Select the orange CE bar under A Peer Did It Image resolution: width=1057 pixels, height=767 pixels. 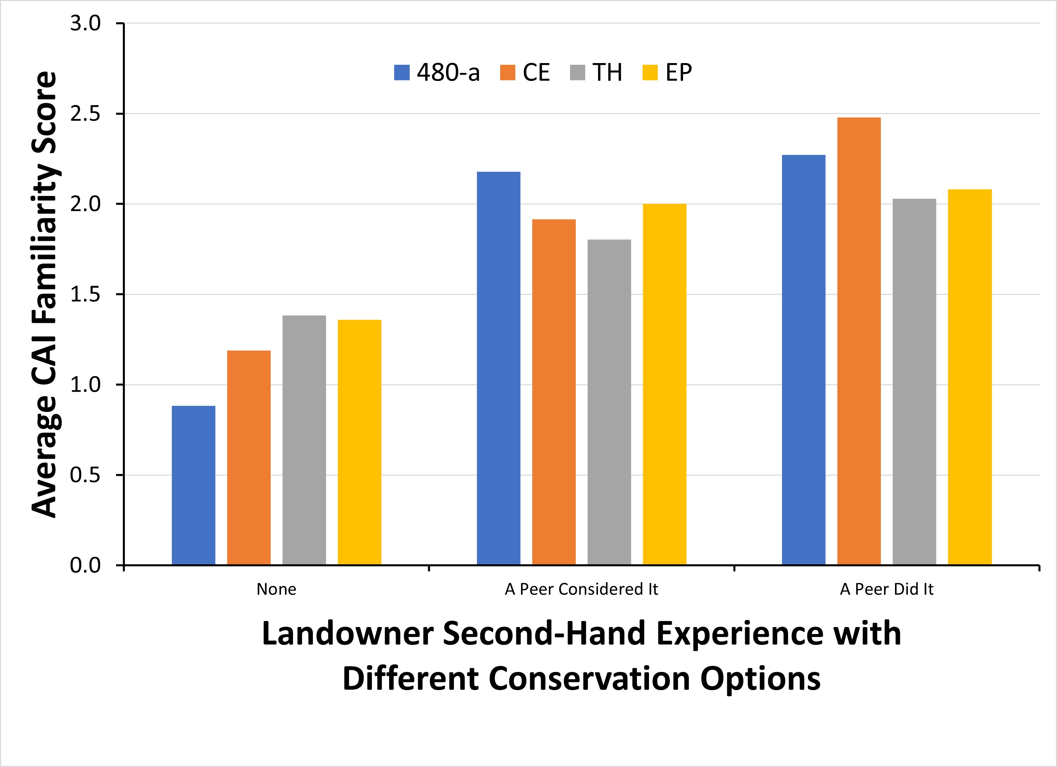(859, 341)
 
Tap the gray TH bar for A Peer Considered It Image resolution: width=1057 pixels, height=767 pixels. (609, 402)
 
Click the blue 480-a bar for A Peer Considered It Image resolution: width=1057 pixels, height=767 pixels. (498, 368)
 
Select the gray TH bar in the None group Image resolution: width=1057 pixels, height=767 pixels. (304, 440)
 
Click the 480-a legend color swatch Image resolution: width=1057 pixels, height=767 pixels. (402, 73)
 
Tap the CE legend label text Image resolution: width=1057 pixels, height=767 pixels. (536, 73)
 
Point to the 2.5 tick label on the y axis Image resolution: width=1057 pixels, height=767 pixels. (85, 114)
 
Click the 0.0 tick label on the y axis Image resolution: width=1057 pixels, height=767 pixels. (85, 565)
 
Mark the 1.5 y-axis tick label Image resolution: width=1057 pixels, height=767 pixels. (85, 294)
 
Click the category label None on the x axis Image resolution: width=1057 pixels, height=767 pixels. (276, 590)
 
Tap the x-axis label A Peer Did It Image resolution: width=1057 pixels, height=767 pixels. (887, 590)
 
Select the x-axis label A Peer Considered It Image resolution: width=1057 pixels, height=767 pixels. (581, 590)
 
